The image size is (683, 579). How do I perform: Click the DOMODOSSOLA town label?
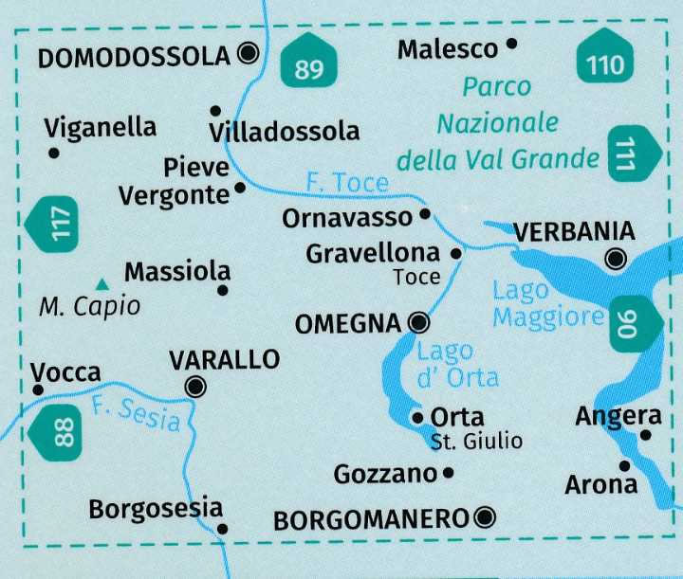pos(134,57)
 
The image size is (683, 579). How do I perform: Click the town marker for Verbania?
pos(617,258)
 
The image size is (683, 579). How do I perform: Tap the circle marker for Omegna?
pos(416,324)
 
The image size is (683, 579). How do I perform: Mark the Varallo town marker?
pos(196,386)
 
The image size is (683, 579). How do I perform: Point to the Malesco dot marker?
pos(512,43)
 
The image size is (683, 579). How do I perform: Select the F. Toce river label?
pos(347,181)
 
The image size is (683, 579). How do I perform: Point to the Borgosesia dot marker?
pos(222,529)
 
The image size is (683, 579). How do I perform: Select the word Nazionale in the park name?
pos(497,123)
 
